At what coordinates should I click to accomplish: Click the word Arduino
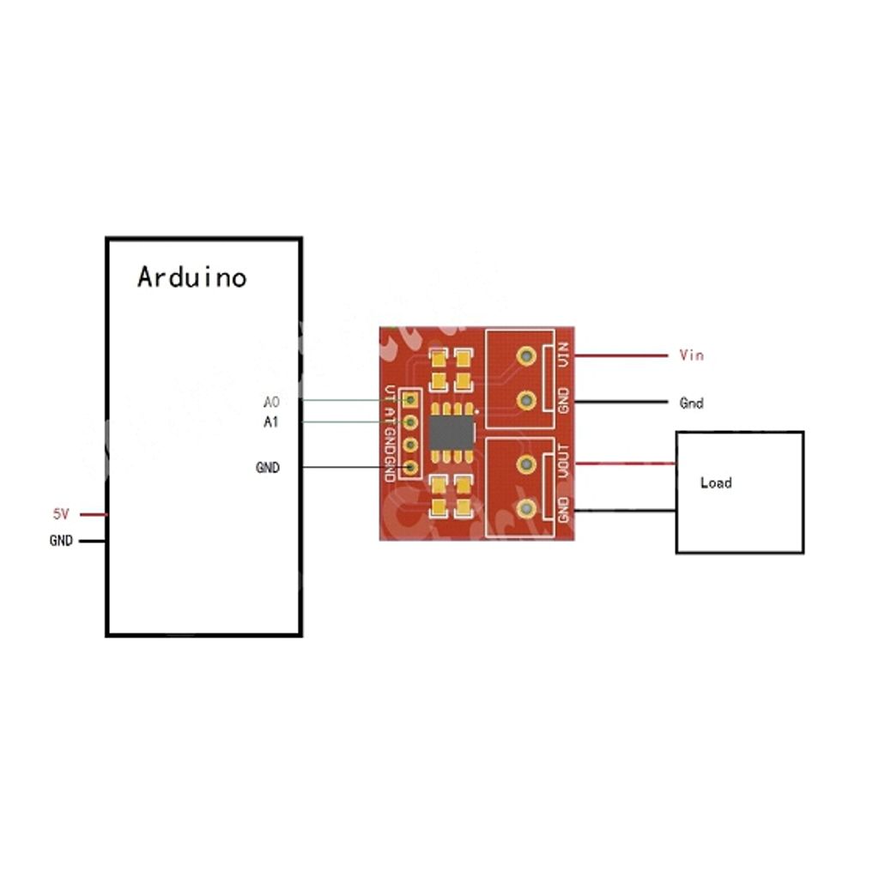pos(191,277)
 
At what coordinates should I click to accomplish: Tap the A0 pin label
pos(271,401)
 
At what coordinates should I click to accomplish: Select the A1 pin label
pos(271,422)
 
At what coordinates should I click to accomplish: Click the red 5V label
pos(61,514)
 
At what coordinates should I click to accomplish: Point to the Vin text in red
pos(691,355)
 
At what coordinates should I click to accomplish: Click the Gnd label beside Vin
pos(691,403)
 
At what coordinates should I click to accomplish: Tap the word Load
pos(716,482)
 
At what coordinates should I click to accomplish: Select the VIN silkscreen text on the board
pos(564,355)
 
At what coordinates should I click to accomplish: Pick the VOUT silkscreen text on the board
pos(564,461)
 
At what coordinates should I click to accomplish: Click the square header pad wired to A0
pos(411,400)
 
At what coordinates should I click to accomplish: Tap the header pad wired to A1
pos(411,422)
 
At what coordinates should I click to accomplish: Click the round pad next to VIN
pos(526,354)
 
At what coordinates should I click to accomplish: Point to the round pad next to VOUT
pos(526,464)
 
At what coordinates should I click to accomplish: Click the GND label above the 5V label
pos(268,468)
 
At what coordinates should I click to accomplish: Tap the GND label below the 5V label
pos(61,541)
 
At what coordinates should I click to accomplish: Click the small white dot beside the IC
pos(477,409)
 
